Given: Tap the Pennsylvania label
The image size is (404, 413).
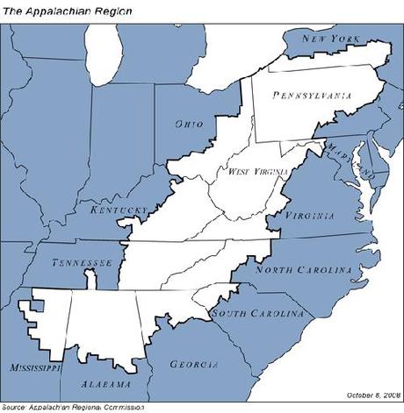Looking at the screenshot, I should pos(313,95).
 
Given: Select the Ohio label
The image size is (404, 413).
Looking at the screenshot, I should pos(188,125).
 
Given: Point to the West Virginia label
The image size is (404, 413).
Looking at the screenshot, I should pos(258,172).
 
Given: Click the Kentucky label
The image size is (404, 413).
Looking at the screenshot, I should pos(118,210).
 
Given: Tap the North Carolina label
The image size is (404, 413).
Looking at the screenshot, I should pos(304,270).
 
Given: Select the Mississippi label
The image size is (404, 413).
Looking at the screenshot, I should pos(32,367).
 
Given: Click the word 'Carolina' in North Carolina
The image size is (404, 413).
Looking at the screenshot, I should pos(323,270).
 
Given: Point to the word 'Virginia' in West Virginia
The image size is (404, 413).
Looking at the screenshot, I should pos(270,172).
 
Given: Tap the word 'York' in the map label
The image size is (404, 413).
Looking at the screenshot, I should pos(347,39).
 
